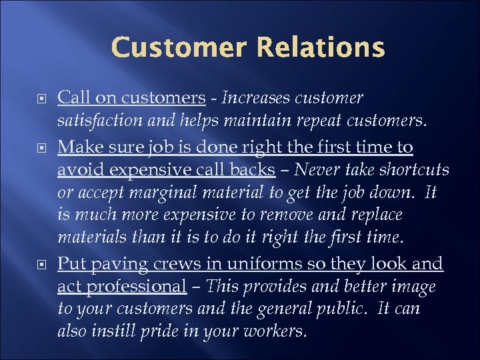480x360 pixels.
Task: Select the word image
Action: click(413, 287)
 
